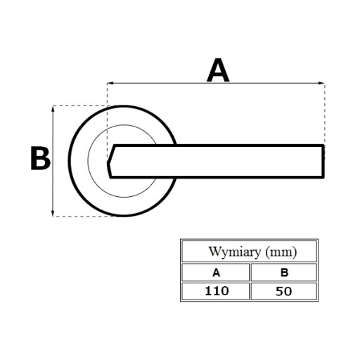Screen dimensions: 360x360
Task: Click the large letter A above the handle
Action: [218, 70]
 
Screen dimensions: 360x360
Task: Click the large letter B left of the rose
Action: [40, 158]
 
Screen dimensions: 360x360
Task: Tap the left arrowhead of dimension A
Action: [110, 83]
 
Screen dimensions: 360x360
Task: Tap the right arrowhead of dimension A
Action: [321, 83]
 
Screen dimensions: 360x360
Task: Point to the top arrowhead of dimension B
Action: [53, 109]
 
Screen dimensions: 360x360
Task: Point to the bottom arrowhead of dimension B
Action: [53, 213]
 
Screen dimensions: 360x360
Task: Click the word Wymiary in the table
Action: [235, 252]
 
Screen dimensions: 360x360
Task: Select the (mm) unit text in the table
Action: [281, 252]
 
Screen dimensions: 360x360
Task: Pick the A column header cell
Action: [216, 272]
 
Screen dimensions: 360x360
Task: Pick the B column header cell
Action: [284, 272]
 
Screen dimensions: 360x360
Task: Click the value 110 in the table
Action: [217, 291]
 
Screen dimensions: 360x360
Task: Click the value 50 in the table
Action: [283, 291]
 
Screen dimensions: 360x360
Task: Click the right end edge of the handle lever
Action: [323, 161]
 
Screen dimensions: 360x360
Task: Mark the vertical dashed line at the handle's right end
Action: [325, 115]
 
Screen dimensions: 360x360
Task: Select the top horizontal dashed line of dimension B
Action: [81, 105]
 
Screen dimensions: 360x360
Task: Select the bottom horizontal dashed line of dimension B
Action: [83, 217]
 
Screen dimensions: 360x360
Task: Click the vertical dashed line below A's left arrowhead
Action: [107, 122]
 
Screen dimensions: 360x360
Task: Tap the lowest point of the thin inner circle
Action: [124, 197]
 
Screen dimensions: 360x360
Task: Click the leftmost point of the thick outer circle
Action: [70, 161]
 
